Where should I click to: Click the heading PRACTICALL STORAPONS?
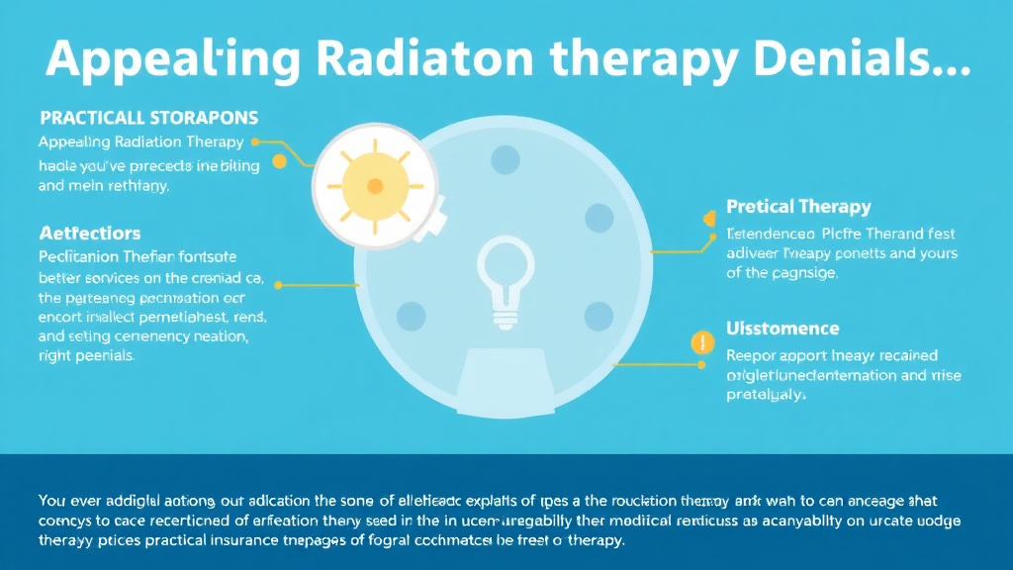(x=148, y=117)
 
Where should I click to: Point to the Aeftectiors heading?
(x=90, y=234)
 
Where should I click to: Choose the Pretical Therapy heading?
(x=798, y=207)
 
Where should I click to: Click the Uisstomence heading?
(x=783, y=329)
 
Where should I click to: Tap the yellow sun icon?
(x=374, y=185)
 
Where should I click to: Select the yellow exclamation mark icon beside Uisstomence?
(x=701, y=343)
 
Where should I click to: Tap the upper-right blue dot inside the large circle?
(x=599, y=217)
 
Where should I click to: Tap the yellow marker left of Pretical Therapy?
(x=708, y=218)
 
